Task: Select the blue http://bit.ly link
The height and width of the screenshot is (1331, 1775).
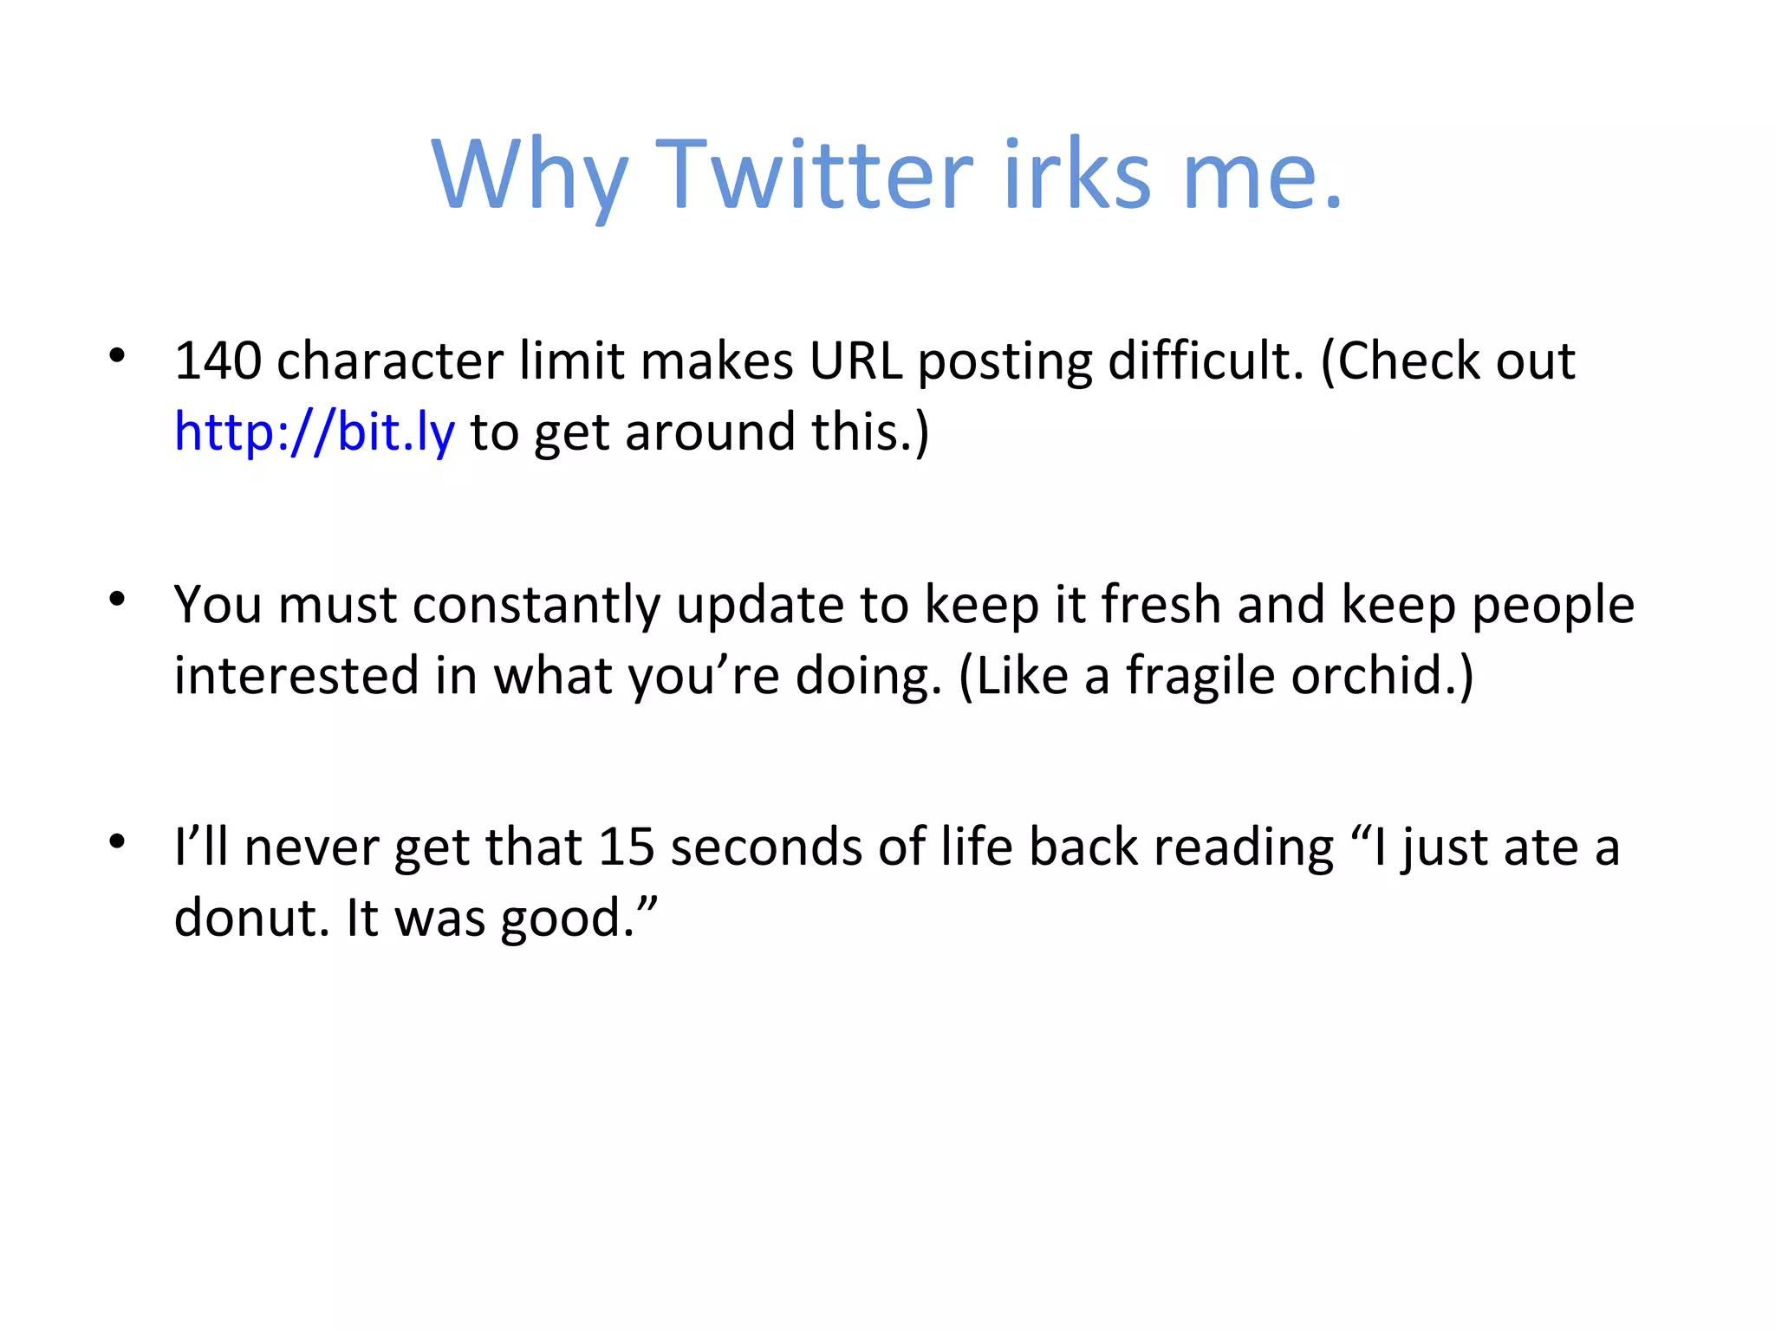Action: click(x=314, y=432)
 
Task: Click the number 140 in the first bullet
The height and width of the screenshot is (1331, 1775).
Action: click(x=218, y=360)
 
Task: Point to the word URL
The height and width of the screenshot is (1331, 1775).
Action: click(x=855, y=360)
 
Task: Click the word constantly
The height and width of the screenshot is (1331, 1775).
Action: click(x=536, y=604)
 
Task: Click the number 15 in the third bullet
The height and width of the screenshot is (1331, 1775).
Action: click(x=626, y=847)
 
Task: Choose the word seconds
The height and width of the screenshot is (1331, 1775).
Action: click(x=766, y=847)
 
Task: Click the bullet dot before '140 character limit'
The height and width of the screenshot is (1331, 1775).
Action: click(x=118, y=355)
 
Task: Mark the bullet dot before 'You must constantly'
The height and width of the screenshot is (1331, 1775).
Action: click(x=118, y=599)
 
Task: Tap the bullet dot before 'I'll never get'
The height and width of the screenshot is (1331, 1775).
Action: click(x=118, y=841)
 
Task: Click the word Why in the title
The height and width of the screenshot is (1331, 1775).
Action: click(x=529, y=178)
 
